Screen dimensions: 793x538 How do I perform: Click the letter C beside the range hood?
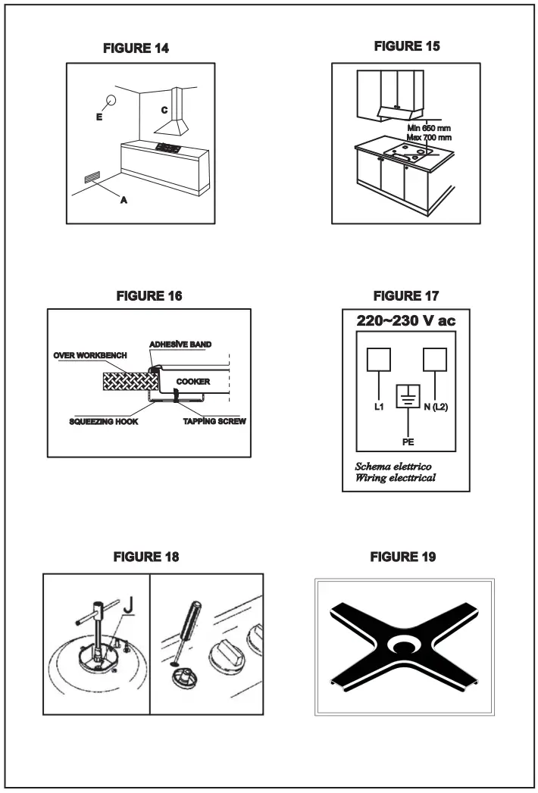pos(163,109)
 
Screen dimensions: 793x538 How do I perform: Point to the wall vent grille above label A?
pos(92,178)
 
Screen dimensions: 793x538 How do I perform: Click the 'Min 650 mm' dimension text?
pos(429,127)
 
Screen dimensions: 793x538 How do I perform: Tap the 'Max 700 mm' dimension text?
pos(429,137)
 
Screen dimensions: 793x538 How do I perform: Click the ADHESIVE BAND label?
pos(179,344)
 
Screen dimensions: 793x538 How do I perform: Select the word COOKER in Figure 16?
pos(193,382)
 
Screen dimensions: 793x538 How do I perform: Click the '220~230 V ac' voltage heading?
pos(406,322)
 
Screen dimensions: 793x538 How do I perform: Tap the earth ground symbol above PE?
pos(408,398)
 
